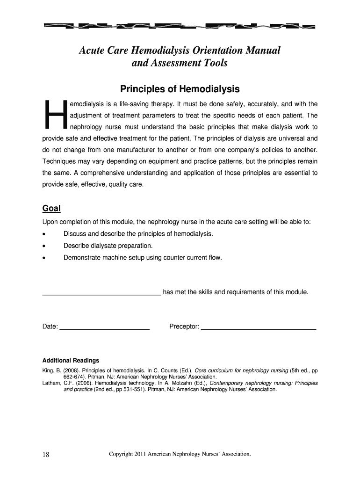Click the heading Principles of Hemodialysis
click(x=180, y=89)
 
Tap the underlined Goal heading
click(x=51, y=208)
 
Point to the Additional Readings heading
click(x=71, y=361)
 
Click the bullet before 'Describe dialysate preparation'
click(x=44, y=246)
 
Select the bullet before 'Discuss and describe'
click(x=44, y=234)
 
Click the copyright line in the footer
click(x=180, y=454)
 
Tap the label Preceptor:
click(x=184, y=326)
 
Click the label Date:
click(x=50, y=326)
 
